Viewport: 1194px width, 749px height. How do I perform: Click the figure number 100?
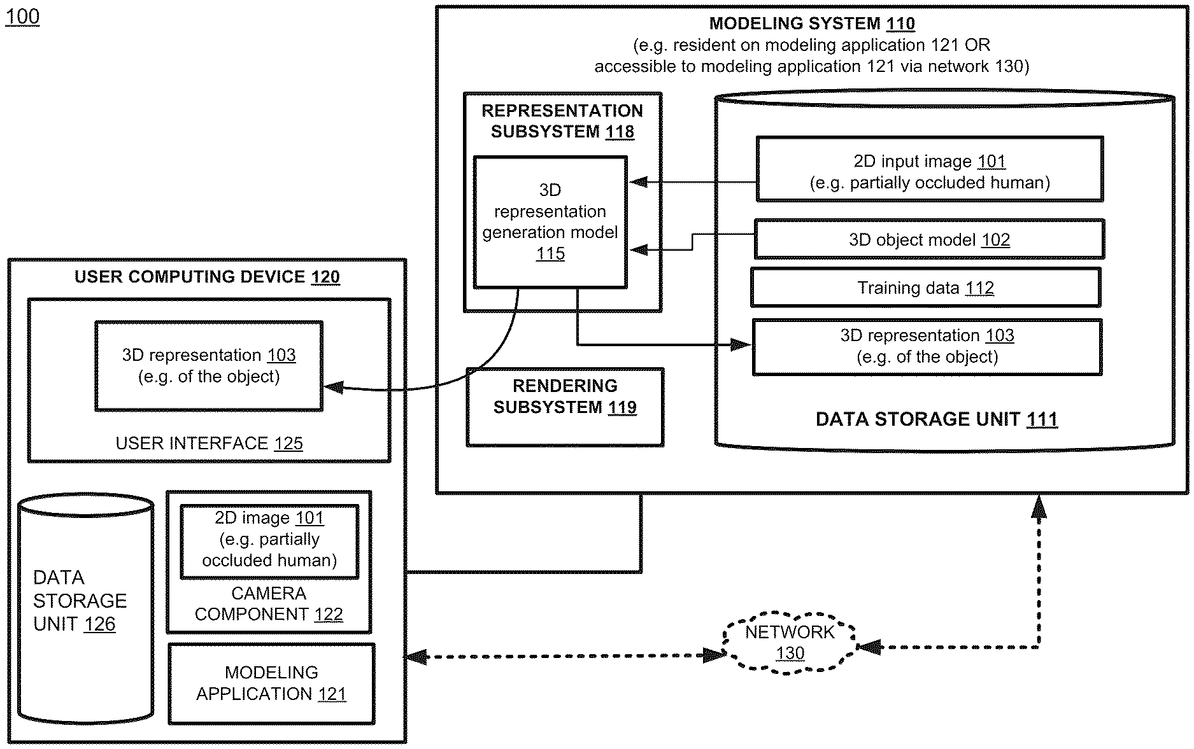click(x=22, y=17)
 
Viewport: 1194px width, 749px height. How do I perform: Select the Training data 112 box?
click(x=926, y=288)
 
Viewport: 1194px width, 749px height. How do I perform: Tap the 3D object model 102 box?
click(x=929, y=239)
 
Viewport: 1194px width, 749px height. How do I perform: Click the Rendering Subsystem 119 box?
click(x=565, y=407)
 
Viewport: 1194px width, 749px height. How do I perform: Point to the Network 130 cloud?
click(x=790, y=643)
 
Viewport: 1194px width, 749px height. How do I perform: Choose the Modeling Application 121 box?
click(x=271, y=683)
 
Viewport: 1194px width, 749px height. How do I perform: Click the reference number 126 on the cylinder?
click(x=99, y=624)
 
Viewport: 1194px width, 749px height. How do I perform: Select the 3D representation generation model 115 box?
click(x=550, y=221)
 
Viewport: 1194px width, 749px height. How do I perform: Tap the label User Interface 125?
click(x=209, y=443)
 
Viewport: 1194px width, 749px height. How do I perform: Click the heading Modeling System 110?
click(x=812, y=24)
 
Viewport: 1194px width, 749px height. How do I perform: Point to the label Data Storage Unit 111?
click(x=937, y=419)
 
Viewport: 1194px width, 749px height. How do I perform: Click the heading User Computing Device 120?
click(x=207, y=277)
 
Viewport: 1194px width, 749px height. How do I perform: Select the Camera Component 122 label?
click(x=269, y=604)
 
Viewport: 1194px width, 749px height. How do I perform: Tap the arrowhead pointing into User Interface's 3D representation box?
click(x=333, y=387)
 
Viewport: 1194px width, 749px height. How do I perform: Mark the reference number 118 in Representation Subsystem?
click(x=620, y=132)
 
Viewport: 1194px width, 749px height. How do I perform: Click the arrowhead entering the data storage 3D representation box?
click(x=741, y=345)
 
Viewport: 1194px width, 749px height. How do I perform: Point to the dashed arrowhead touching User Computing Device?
click(x=416, y=657)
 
